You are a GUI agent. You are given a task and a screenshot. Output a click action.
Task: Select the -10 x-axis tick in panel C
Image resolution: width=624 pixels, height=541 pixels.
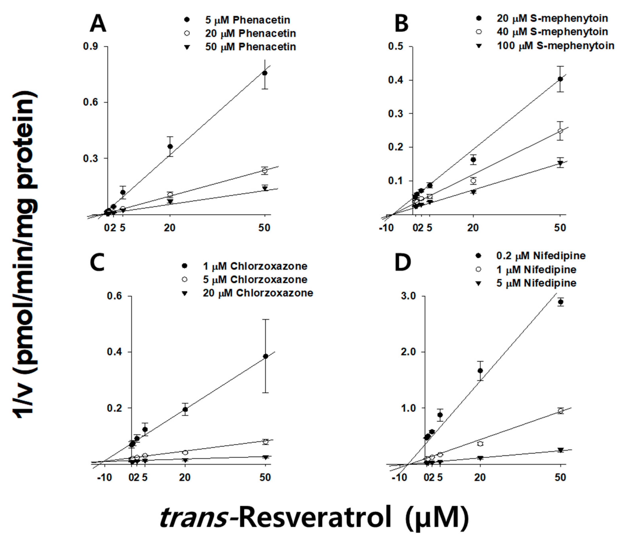(104, 477)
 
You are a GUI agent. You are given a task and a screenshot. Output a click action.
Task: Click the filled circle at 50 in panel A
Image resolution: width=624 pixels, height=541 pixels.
(265, 73)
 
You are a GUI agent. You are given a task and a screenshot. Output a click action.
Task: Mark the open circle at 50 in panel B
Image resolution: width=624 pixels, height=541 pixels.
(560, 131)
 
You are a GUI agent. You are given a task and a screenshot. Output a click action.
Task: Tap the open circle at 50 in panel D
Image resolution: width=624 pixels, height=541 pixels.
(561, 411)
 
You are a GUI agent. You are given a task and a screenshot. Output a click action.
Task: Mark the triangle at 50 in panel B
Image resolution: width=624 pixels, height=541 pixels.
(560, 163)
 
